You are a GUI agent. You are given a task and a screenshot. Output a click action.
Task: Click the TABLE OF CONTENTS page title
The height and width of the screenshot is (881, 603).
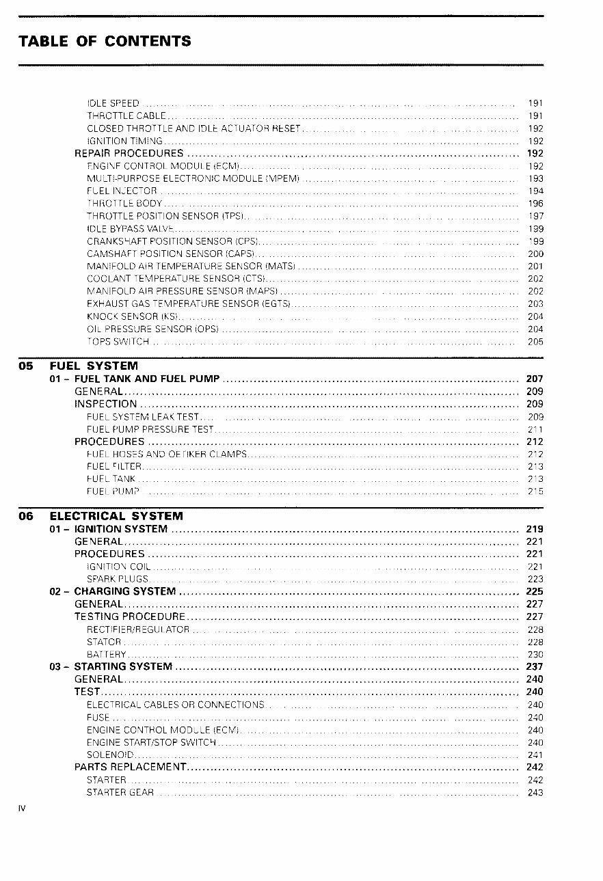point(105,41)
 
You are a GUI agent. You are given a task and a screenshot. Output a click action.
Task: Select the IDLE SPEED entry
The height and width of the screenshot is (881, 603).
point(113,103)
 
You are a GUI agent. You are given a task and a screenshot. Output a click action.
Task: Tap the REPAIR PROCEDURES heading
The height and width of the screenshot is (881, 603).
point(129,153)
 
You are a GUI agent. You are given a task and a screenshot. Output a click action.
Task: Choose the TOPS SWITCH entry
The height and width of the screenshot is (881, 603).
point(118,342)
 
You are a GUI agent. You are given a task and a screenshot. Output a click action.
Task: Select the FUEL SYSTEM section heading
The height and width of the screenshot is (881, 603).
point(94,366)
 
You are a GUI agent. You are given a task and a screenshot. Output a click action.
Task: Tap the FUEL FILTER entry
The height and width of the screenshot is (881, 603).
point(114,467)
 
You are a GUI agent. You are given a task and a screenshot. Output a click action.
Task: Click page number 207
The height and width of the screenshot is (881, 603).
point(535,379)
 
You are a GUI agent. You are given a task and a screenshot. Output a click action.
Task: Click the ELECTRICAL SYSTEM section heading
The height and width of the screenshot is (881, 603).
point(116,516)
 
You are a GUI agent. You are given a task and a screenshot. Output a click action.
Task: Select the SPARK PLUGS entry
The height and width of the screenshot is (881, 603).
point(118,579)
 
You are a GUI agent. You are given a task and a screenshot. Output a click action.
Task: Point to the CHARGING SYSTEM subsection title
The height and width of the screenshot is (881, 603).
point(124,591)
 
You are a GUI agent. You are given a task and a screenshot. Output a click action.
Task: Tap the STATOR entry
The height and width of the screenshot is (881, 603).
point(104,642)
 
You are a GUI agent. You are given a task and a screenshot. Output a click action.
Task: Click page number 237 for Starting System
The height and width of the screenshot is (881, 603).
point(535,666)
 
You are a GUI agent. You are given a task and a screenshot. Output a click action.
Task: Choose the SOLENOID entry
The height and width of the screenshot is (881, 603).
point(109,755)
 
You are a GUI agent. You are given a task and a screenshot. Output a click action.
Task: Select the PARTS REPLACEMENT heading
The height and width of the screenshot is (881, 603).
point(130,767)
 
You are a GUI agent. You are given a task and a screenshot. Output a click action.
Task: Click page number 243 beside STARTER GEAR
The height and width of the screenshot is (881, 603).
point(535,793)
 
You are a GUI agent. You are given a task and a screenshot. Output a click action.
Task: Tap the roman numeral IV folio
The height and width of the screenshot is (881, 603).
point(22,808)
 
